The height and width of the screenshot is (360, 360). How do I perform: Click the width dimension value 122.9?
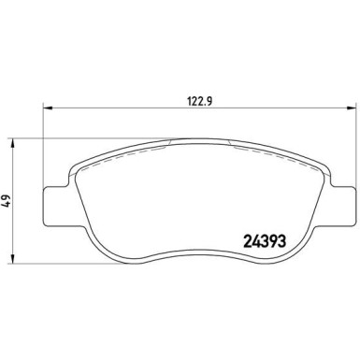[199, 101]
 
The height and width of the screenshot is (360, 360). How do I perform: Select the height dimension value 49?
[7, 201]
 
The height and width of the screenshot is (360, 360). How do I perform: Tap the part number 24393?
[265, 240]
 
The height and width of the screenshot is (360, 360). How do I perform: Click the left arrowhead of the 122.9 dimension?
[47, 108]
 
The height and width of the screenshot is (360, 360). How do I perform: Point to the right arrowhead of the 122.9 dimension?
[352, 108]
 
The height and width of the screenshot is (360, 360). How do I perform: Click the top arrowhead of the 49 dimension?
[12, 143]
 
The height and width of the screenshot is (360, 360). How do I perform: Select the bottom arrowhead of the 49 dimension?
[12, 259]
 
